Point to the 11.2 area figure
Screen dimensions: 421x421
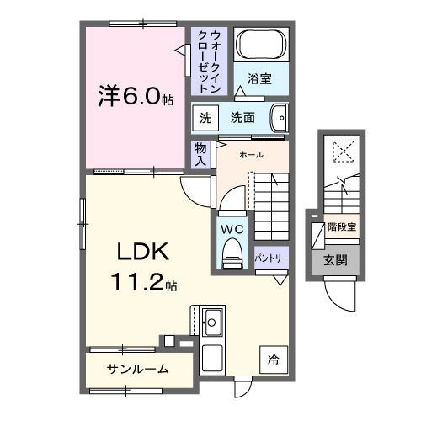coord(142,283)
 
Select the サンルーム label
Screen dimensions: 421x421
coord(137,369)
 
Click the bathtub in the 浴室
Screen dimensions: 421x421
coord(260,45)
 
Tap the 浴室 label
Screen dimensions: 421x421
coord(259,79)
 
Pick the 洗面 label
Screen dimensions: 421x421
coord(242,118)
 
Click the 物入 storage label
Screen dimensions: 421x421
coord(200,153)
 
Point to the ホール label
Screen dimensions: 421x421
coord(251,155)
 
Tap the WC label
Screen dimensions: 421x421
coord(232,227)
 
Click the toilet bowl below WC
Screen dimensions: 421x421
coord(232,253)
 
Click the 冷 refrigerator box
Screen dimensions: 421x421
coord(272,360)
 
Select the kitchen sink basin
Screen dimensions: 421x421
coord(212,321)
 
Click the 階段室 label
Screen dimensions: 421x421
coord(341,226)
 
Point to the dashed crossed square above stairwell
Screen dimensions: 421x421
coord(344,151)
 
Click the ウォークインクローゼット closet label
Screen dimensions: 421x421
coord(207,59)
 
